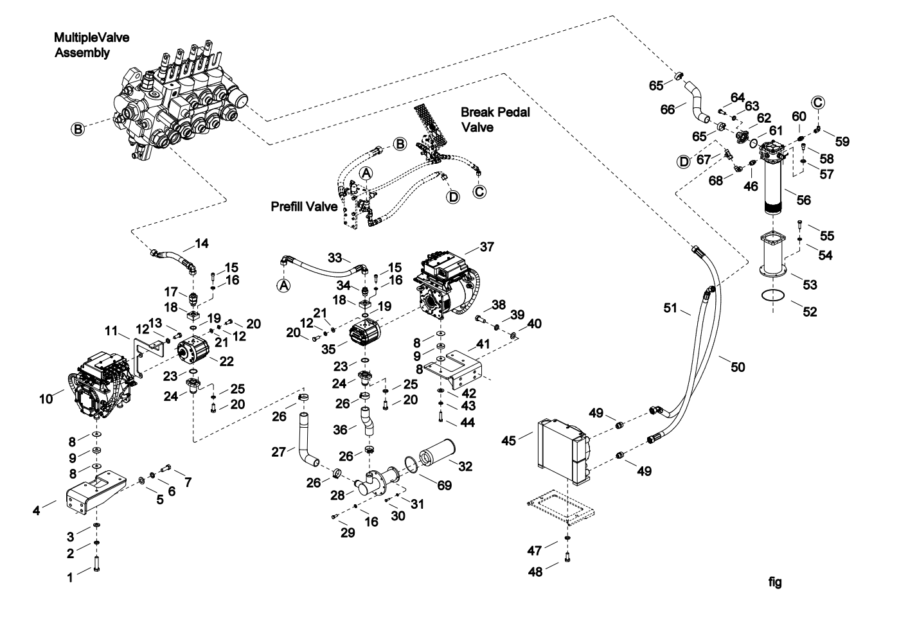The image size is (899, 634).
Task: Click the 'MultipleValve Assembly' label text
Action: pos(91,46)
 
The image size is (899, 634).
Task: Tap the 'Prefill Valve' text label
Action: pos(304,207)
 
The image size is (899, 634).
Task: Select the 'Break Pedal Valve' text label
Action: pos(495,119)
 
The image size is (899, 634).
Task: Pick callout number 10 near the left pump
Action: pos(46,400)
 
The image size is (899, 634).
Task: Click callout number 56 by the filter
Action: pos(804,200)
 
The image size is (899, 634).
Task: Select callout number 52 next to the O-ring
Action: pos(810,312)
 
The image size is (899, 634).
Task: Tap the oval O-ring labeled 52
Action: pos(774,295)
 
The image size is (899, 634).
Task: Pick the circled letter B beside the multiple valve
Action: pos(77,130)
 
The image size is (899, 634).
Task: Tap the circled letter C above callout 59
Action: pos(818,102)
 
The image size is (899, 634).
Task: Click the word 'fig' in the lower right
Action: pos(776,583)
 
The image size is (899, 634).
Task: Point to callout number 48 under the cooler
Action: pos(535,572)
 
